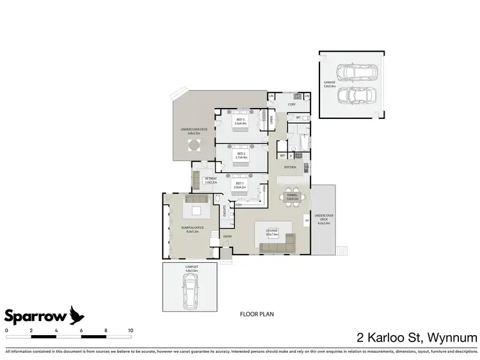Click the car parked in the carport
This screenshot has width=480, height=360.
(x=191, y=295)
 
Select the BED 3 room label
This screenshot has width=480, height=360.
(x=241, y=121)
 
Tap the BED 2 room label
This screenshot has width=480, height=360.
(x=241, y=155)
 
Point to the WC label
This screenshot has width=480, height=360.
(x=298, y=118)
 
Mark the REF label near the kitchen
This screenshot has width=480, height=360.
(x=282, y=155)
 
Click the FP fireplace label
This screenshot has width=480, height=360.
(x=306, y=222)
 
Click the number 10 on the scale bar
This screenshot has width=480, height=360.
(x=131, y=330)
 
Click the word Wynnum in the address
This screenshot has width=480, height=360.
(x=454, y=336)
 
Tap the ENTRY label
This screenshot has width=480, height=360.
(x=227, y=237)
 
